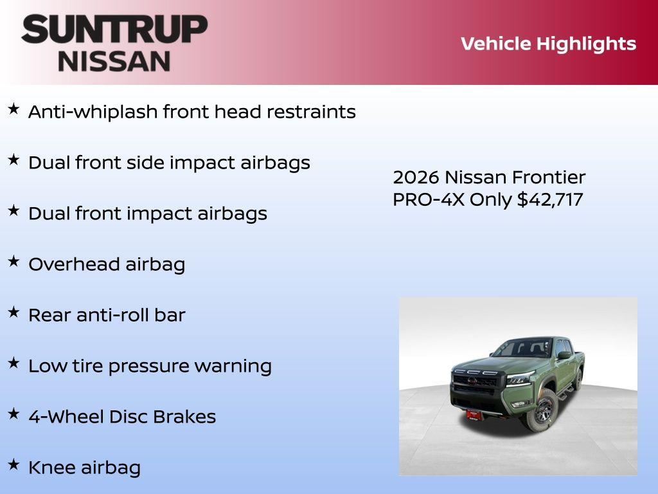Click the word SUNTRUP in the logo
pyautogui.click(x=114, y=30)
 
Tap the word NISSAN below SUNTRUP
pyautogui.click(x=114, y=61)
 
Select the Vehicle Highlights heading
pyautogui.click(x=548, y=44)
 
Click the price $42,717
pyautogui.click(x=550, y=199)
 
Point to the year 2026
pyautogui.click(x=416, y=178)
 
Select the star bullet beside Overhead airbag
pyautogui.click(x=13, y=261)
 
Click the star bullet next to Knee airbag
pyautogui.click(x=13, y=464)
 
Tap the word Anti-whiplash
pyautogui.click(x=93, y=112)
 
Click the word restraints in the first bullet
pyautogui.click(x=311, y=112)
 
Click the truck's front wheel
pyautogui.click(x=544, y=412)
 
